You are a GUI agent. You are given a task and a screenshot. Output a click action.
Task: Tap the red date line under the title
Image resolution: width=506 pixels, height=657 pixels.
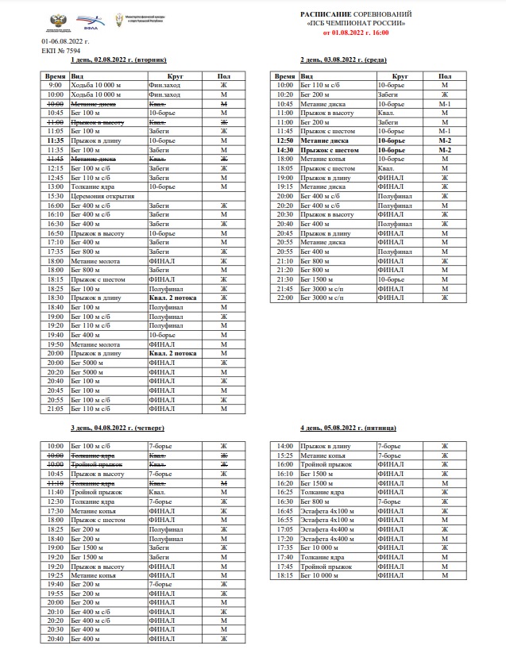coord(356,33)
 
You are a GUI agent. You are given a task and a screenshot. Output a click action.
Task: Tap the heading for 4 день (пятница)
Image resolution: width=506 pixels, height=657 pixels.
coord(347,428)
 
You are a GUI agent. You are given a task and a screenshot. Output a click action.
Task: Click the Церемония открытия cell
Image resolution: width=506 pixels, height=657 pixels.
coord(98,196)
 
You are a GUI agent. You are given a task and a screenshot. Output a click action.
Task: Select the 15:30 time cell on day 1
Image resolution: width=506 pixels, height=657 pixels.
coord(56,196)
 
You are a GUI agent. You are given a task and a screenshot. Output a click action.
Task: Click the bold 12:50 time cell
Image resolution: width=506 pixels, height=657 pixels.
coord(285,140)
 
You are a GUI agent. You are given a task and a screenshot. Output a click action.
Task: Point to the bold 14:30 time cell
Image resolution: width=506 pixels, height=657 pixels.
coord(285,149)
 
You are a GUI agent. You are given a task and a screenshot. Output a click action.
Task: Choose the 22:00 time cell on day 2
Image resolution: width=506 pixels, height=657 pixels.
coord(285,298)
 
